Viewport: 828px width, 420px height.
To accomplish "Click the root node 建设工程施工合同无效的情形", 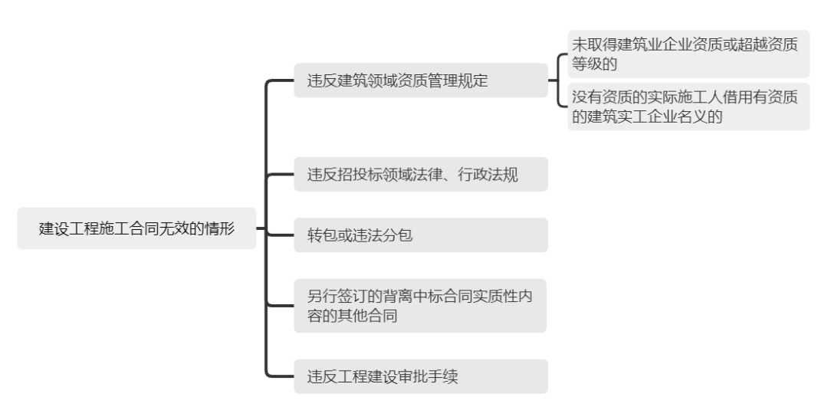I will [136, 228].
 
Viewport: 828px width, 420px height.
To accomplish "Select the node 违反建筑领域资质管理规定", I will [420, 80].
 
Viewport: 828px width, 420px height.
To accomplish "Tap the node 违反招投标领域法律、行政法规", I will [420, 175].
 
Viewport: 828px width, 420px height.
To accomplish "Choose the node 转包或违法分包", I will [420, 235].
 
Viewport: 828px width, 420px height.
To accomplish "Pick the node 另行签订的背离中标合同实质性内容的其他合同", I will [420, 306].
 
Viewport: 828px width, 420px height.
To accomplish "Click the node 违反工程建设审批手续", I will [420, 376].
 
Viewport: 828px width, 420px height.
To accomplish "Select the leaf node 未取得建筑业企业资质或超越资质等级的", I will [688, 54].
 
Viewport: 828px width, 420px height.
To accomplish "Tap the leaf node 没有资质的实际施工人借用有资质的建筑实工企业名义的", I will [688, 107].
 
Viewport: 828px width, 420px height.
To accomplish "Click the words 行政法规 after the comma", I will [493, 175].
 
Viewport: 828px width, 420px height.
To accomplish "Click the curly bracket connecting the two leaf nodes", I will [560, 80].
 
